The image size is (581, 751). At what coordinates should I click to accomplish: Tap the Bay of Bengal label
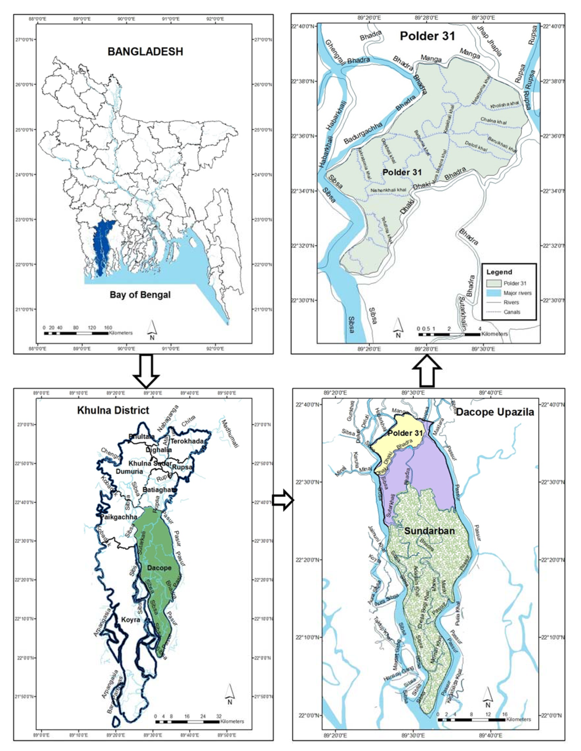[140, 295]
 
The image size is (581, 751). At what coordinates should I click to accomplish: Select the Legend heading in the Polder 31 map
[499, 272]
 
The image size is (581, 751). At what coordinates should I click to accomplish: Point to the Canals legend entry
[512, 312]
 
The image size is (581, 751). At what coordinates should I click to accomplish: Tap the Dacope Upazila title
[495, 412]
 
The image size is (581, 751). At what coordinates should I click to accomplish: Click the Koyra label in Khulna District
[131, 620]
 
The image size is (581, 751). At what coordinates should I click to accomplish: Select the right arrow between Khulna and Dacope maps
[283, 500]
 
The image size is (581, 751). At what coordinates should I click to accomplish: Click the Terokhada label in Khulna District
[190, 441]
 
